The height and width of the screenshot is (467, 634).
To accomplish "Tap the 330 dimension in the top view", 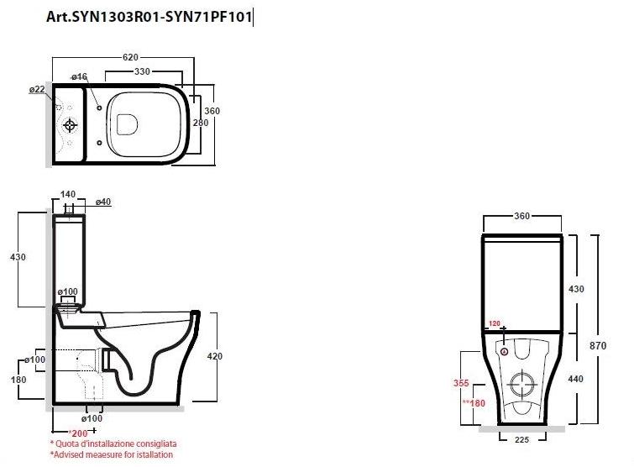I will coord(142,72).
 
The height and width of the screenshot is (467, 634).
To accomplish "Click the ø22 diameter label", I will coord(36,89).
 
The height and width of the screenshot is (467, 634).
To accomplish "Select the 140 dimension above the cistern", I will coord(69,192).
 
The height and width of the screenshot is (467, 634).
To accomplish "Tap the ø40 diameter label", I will coord(103,202).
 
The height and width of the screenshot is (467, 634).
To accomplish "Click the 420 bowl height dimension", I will coord(215,356).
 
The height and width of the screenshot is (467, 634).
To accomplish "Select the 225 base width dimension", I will coord(521,438).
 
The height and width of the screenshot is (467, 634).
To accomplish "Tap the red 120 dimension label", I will coord(495,323).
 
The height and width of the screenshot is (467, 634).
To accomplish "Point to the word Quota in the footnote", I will coord(69,443).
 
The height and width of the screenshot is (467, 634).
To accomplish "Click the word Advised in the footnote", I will coord(71,454).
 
